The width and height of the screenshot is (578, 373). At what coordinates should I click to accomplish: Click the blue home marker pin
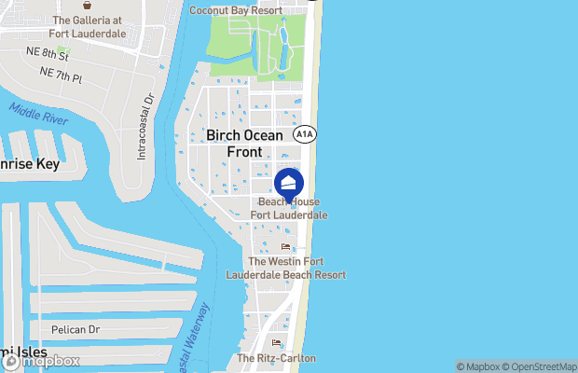click(x=289, y=183)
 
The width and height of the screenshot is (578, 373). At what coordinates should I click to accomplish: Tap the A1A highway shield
click(x=304, y=134)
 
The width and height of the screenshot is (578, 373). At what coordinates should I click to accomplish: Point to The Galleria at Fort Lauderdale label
click(x=89, y=27)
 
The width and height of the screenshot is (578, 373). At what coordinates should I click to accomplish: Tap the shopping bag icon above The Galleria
click(x=87, y=6)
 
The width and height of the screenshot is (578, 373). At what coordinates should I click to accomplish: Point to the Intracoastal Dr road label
click(x=144, y=127)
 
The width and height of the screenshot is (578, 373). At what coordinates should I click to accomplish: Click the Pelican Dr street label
click(x=75, y=329)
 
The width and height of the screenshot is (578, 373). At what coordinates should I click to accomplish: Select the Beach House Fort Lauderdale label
click(x=289, y=208)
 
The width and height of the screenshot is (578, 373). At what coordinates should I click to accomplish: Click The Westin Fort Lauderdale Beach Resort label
click(x=285, y=269)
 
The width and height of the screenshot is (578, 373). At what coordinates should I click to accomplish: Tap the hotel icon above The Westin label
click(x=285, y=247)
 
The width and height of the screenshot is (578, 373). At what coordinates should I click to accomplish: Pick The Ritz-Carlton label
click(x=276, y=358)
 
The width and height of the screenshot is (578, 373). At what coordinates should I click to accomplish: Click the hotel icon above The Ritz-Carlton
click(x=276, y=343)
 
